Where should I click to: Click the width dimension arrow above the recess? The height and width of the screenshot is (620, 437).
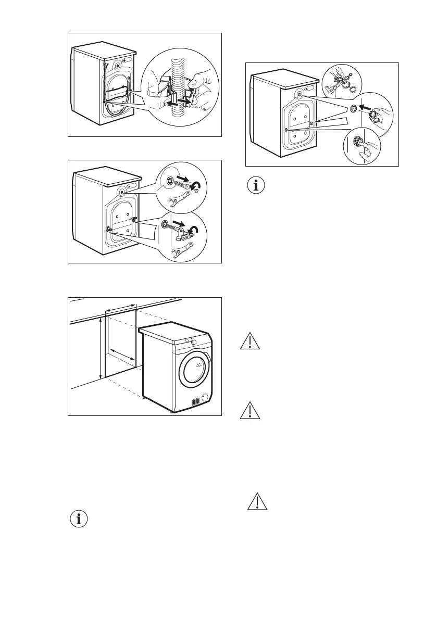tap(120, 309)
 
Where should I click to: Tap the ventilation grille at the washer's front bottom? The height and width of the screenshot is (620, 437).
tap(195, 402)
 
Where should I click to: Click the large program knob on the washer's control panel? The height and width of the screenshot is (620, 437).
tap(194, 342)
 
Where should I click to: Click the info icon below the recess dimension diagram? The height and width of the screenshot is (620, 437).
tap(79, 519)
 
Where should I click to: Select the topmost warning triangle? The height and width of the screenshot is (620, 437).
tap(250, 341)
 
